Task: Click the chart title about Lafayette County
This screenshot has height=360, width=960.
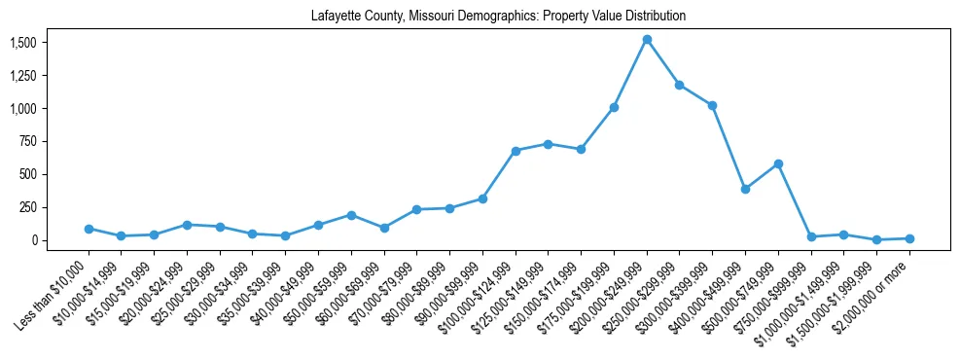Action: [498, 17]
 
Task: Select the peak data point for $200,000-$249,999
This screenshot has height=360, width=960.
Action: [647, 40]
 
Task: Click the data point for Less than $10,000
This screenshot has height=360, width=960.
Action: [89, 229]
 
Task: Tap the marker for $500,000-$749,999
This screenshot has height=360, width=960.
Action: [778, 163]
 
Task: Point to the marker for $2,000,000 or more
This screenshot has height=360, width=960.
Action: [909, 238]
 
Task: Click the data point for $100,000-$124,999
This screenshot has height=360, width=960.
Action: [516, 151]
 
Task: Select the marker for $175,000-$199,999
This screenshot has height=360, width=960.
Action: [614, 107]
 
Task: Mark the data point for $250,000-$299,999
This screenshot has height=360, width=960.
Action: [680, 85]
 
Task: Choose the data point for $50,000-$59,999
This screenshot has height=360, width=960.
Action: [351, 215]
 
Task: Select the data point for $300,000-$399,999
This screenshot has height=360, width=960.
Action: [712, 105]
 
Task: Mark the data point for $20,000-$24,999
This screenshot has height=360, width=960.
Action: [187, 225]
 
